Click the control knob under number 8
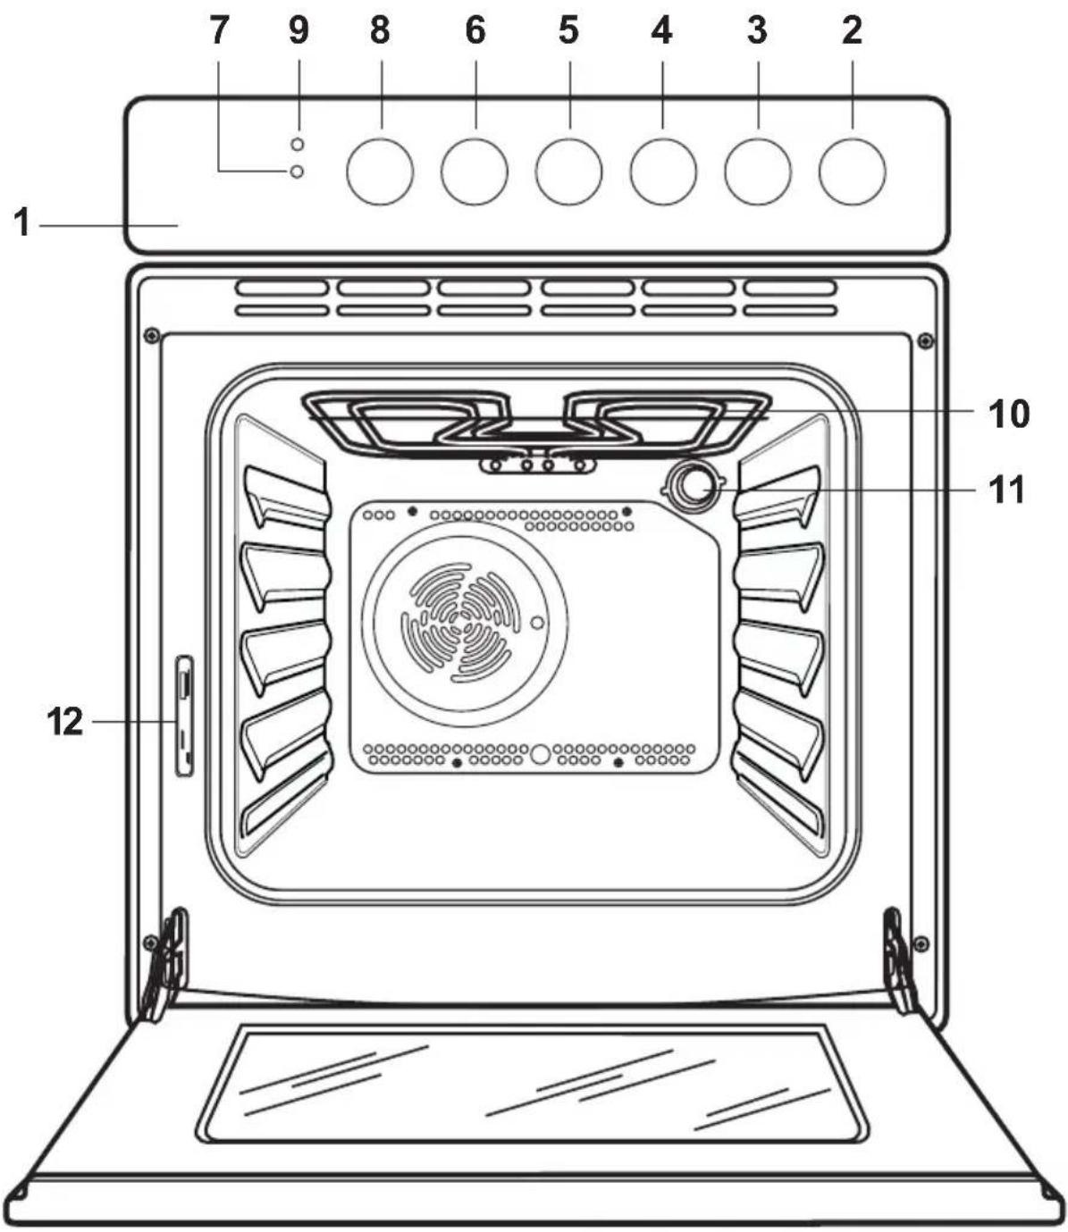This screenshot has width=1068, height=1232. pos(380,172)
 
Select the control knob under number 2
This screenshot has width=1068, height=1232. pos(852,172)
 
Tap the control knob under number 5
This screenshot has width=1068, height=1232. pos(569,172)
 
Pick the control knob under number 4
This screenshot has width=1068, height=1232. pos(663,172)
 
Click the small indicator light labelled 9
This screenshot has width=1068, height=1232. pos(297,144)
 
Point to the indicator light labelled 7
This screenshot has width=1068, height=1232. pos(297,172)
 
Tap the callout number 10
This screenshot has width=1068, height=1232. pos(1009,414)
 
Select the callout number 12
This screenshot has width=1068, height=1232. pos(65,722)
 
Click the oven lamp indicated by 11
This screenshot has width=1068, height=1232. pos(693,486)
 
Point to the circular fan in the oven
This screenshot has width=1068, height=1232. pos(465,624)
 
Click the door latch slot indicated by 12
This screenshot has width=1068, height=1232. pos(184,716)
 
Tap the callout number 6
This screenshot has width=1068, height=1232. pos(475,30)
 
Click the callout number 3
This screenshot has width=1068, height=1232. pos(757,30)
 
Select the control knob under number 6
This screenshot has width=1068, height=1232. pos(475,172)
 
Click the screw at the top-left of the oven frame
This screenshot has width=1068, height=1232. pos(151,336)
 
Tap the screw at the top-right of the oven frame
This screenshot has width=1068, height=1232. pos(925,341)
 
